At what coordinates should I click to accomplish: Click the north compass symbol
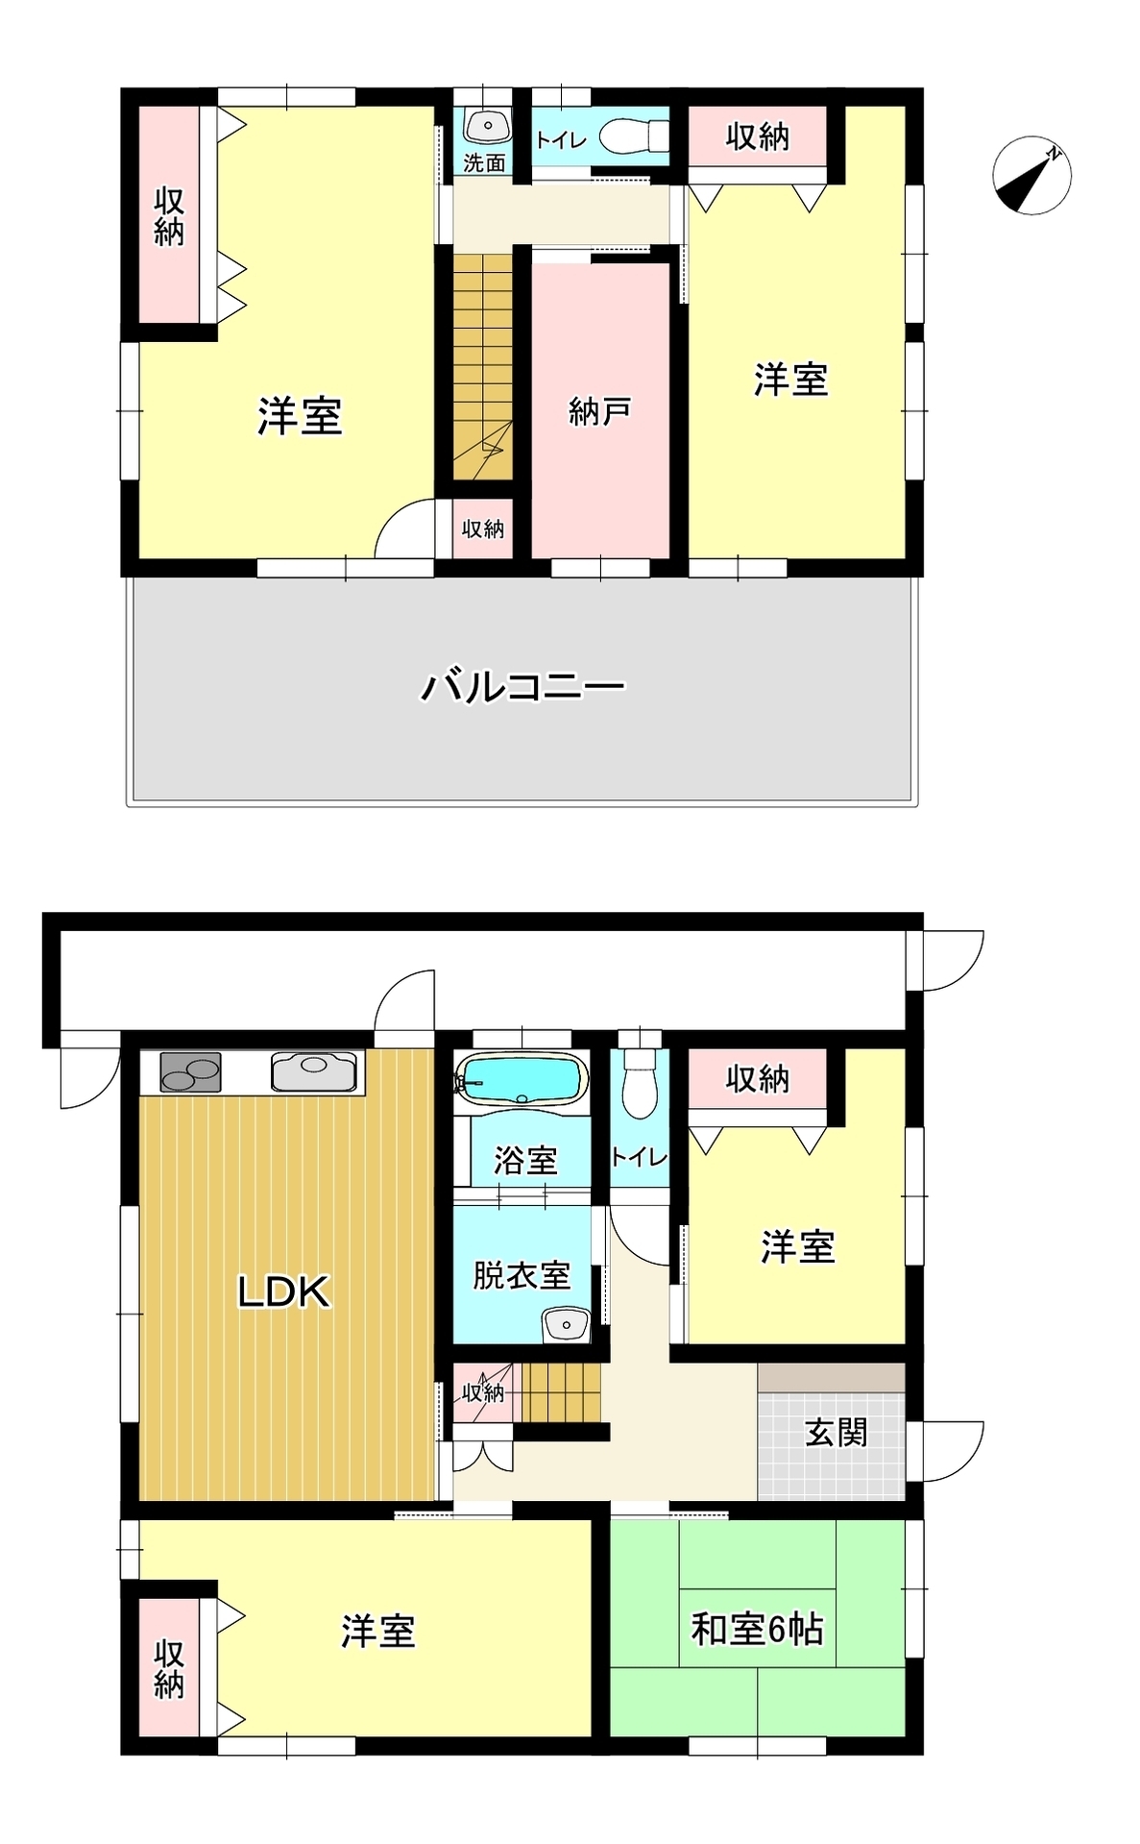tap(1031, 175)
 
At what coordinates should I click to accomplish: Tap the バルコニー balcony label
tap(523, 686)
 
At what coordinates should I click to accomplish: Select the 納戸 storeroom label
tap(599, 412)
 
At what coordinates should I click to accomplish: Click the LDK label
tap(284, 1292)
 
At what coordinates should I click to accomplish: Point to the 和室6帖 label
tap(757, 1630)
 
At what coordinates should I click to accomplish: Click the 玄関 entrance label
tap(837, 1433)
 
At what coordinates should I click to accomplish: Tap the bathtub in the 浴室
tap(522, 1081)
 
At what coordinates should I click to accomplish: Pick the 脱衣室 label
tap(521, 1274)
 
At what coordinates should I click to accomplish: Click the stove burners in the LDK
tap(191, 1072)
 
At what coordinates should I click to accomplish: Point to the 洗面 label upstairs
tap(484, 163)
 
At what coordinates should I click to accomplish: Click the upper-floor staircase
tap(483, 366)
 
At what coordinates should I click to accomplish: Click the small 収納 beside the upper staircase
tap(483, 529)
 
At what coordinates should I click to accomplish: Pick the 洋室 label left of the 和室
tap(378, 1632)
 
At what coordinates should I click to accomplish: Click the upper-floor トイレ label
tap(561, 140)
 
